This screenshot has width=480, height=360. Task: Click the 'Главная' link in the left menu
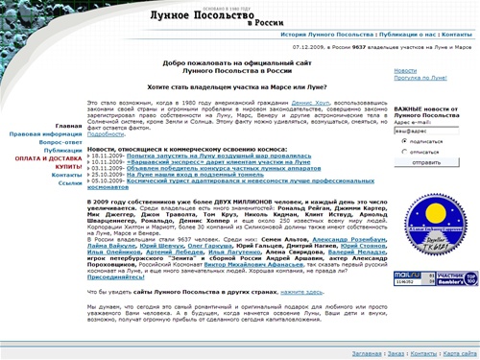[68, 126]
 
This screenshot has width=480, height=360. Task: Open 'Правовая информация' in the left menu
[49, 134]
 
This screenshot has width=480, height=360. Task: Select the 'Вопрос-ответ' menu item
[60, 142]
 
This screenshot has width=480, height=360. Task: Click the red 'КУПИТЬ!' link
[68, 167]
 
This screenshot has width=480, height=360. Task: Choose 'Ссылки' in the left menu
[70, 183]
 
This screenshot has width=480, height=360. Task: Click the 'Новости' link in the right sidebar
[405, 69]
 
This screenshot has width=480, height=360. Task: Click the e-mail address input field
[423, 129]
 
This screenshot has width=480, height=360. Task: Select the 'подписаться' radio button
[399, 140]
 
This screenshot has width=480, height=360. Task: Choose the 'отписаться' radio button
[399, 151]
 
